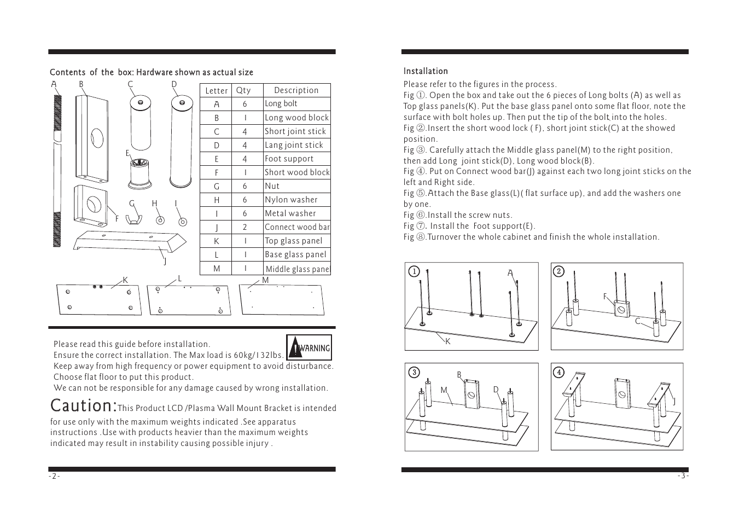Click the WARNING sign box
[x=309, y=347]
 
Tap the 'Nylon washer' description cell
[x=297, y=200]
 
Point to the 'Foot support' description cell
[x=297, y=159]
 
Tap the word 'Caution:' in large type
[x=84, y=405]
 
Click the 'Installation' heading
[x=426, y=71]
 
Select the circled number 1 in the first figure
[x=414, y=271]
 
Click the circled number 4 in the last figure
[x=558, y=373]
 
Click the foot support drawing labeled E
[x=139, y=175]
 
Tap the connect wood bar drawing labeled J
[x=130, y=241]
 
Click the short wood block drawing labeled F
[x=91, y=206]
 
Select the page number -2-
[x=55, y=476]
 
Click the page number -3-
[x=683, y=476]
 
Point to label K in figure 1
[x=447, y=341]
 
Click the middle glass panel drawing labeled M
[x=282, y=300]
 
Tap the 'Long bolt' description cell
[x=297, y=103]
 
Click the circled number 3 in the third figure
[x=414, y=373]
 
